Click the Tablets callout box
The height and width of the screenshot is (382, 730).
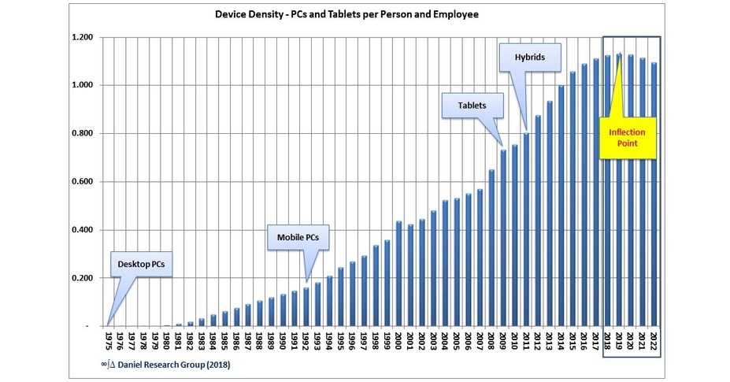point(472,106)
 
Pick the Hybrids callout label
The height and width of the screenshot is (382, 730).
point(529,57)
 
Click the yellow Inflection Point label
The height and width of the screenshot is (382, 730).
point(627,137)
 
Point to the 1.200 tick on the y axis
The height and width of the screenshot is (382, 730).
point(82,38)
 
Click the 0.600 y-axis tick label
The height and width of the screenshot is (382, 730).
point(82,182)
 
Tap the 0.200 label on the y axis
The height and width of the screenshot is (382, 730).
point(82,279)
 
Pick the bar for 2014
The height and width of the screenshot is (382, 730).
point(561,205)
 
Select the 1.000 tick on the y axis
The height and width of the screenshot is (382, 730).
point(82,86)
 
